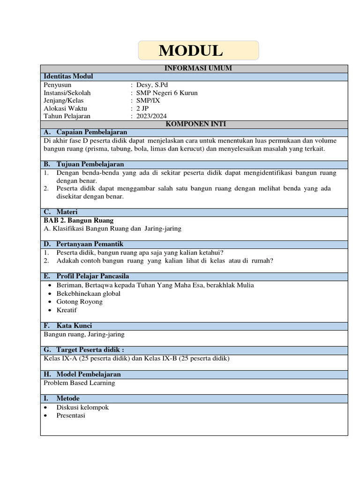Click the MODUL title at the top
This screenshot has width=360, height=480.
190,51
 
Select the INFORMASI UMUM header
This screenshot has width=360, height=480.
195,68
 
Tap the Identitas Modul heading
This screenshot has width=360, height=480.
68,76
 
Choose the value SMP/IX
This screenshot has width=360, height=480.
148,101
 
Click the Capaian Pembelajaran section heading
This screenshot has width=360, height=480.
91,132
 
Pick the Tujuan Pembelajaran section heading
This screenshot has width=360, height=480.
90,164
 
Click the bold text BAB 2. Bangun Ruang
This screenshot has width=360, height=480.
78,220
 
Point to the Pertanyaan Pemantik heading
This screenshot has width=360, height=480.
90,244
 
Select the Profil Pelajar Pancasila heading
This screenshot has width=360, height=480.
92,276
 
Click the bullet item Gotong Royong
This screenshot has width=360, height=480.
79,301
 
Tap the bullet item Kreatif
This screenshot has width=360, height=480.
67,310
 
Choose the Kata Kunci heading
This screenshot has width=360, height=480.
74,326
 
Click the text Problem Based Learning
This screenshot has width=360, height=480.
79,383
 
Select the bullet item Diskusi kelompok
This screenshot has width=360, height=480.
82,407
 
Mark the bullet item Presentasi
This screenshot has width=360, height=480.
71,415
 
